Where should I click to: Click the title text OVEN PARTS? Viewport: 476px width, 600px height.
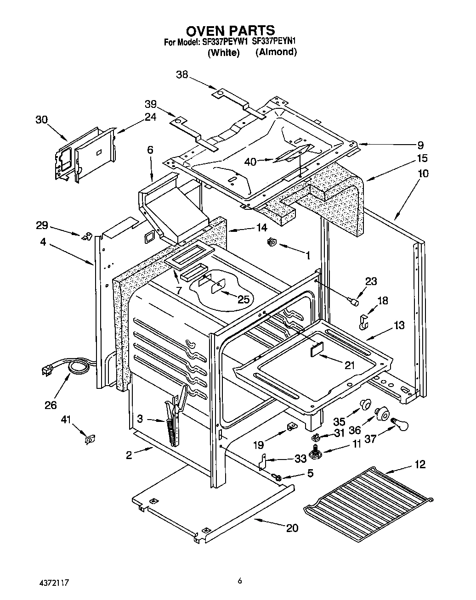tap(230, 31)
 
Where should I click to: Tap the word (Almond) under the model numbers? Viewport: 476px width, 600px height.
tap(276, 52)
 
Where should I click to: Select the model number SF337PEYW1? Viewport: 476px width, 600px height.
tap(225, 42)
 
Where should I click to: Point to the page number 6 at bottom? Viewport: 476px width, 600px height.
tap(239, 581)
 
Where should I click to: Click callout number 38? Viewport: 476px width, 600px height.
tap(182, 74)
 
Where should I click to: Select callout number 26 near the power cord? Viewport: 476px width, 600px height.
tap(51, 405)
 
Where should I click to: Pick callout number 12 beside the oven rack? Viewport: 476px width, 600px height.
tap(419, 464)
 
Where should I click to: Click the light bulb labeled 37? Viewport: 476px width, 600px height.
tap(399, 423)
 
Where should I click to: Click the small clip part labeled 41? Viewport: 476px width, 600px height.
tap(90, 439)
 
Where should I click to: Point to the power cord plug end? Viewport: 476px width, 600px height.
tap(47, 370)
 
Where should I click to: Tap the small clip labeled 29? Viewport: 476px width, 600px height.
tap(85, 236)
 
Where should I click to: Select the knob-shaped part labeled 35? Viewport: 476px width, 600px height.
tap(365, 404)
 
